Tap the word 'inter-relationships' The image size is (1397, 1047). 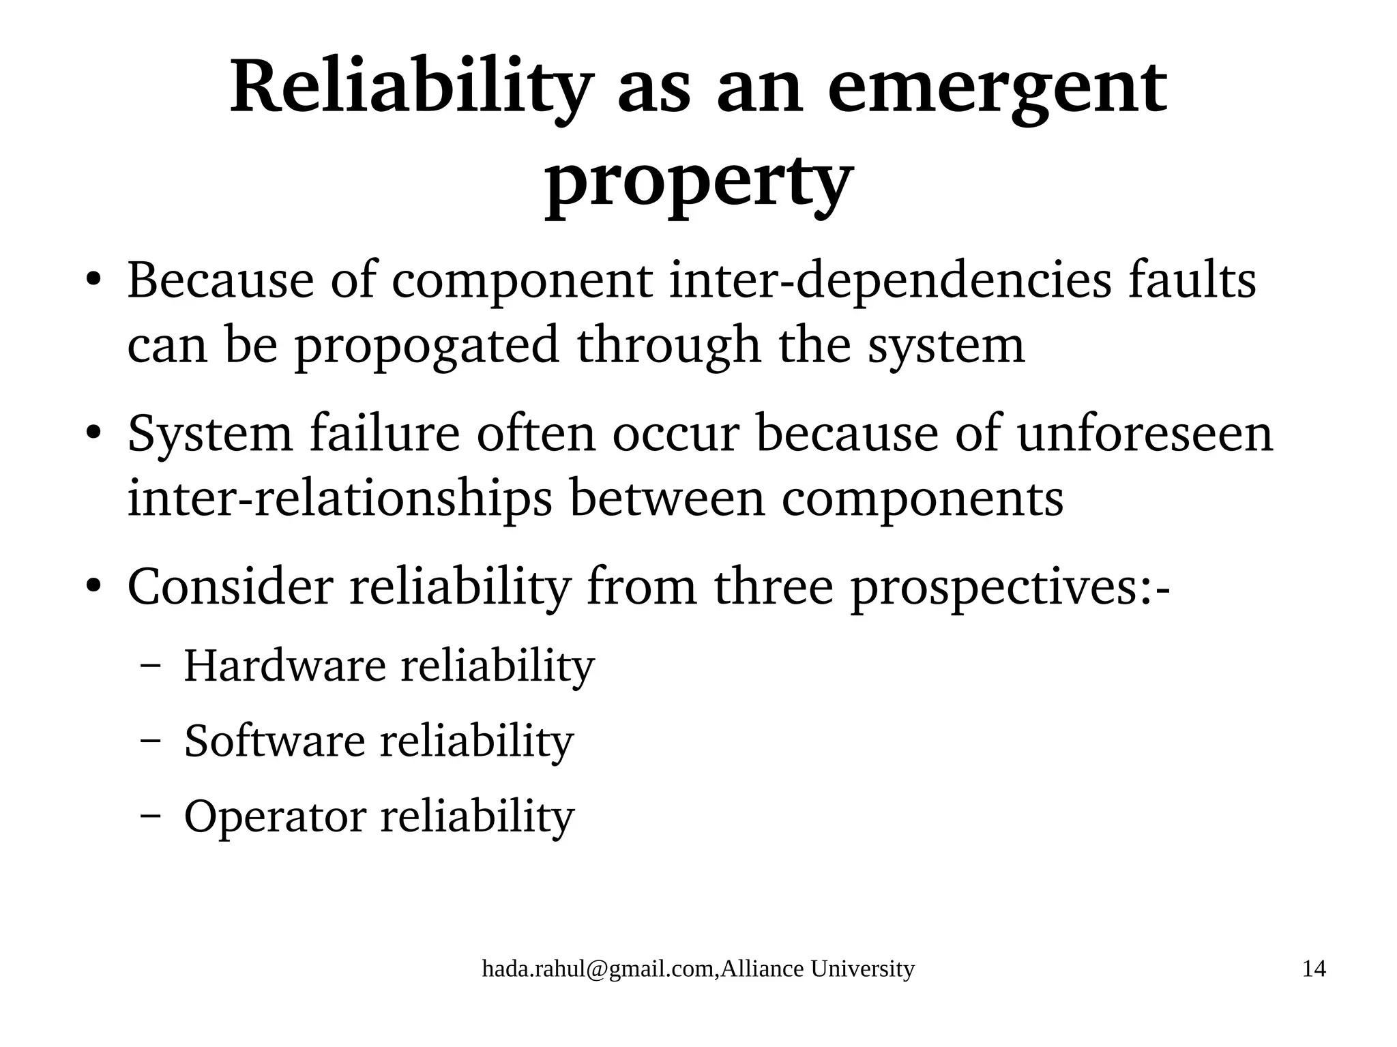click(x=340, y=499)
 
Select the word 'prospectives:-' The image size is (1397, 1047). click(x=1010, y=587)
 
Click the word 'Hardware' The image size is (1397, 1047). click(x=285, y=666)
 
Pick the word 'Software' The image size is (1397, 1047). click(x=275, y=741)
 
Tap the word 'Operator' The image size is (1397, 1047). click(x=275, y=816)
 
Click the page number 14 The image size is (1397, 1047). click(x=1314, y=969)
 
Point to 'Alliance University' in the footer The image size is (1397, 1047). click(x=817, y=969)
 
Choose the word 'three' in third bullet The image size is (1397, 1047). click(x=774, y=587)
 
